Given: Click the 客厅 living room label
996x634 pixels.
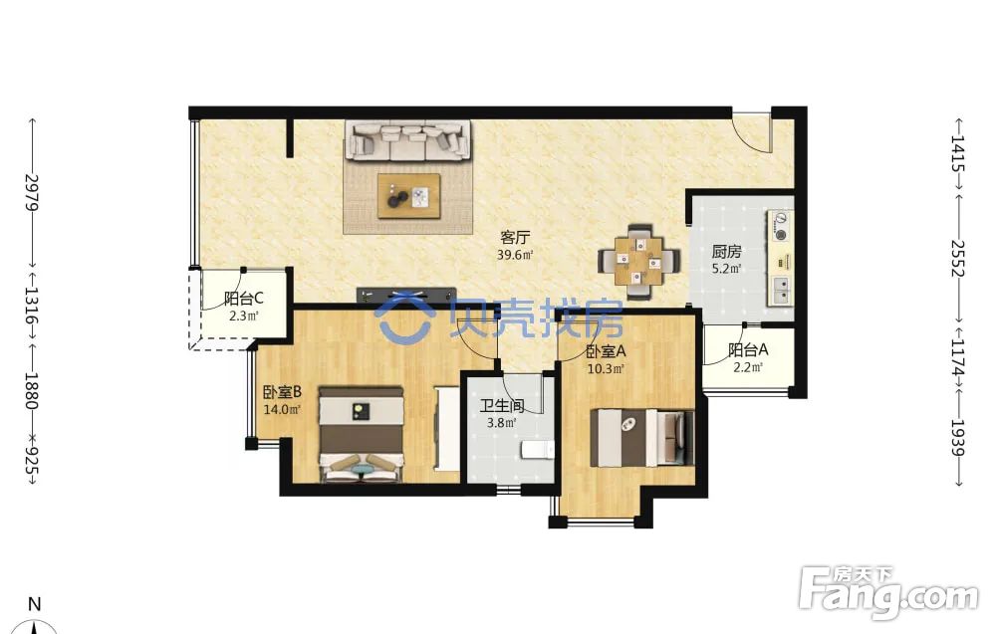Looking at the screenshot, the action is (515, 238).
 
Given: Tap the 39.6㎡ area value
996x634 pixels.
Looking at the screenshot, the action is (515, 255).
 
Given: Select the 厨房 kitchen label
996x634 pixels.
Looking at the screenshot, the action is (726, 252).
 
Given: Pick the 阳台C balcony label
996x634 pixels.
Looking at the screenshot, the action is (244, 298).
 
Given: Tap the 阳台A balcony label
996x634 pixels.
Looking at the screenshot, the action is (748, 349).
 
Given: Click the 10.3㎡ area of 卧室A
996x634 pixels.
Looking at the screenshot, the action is (606, 368).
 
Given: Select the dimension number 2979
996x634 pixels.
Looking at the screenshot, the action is (32, 193).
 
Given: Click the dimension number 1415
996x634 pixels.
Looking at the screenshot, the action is (958, 153).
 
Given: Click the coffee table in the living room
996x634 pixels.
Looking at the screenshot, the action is (409, 196).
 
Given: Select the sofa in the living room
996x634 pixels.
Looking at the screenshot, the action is (408, 141).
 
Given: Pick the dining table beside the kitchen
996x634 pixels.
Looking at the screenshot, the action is (638, 261).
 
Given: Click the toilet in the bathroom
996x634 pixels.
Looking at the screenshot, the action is (538, 449).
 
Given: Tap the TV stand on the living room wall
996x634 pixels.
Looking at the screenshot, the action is (406, 296).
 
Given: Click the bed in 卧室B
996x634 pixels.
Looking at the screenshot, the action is (362, 435).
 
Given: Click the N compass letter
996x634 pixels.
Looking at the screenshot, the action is (35, 604).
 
